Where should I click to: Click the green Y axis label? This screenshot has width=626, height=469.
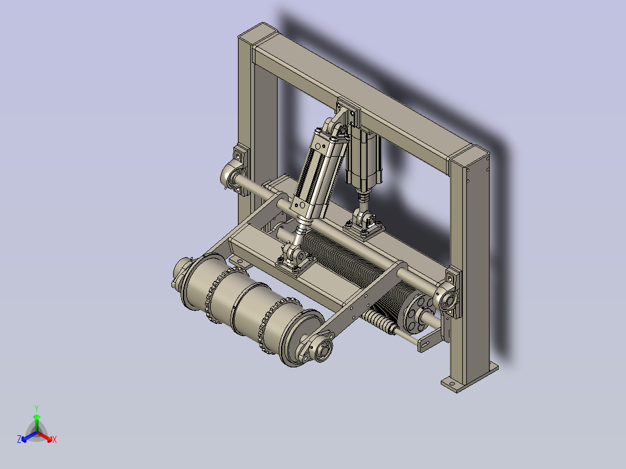37,408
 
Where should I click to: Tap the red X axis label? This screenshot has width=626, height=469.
55,439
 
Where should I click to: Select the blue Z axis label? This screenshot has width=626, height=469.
19,439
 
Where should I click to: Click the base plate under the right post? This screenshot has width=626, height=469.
470,377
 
